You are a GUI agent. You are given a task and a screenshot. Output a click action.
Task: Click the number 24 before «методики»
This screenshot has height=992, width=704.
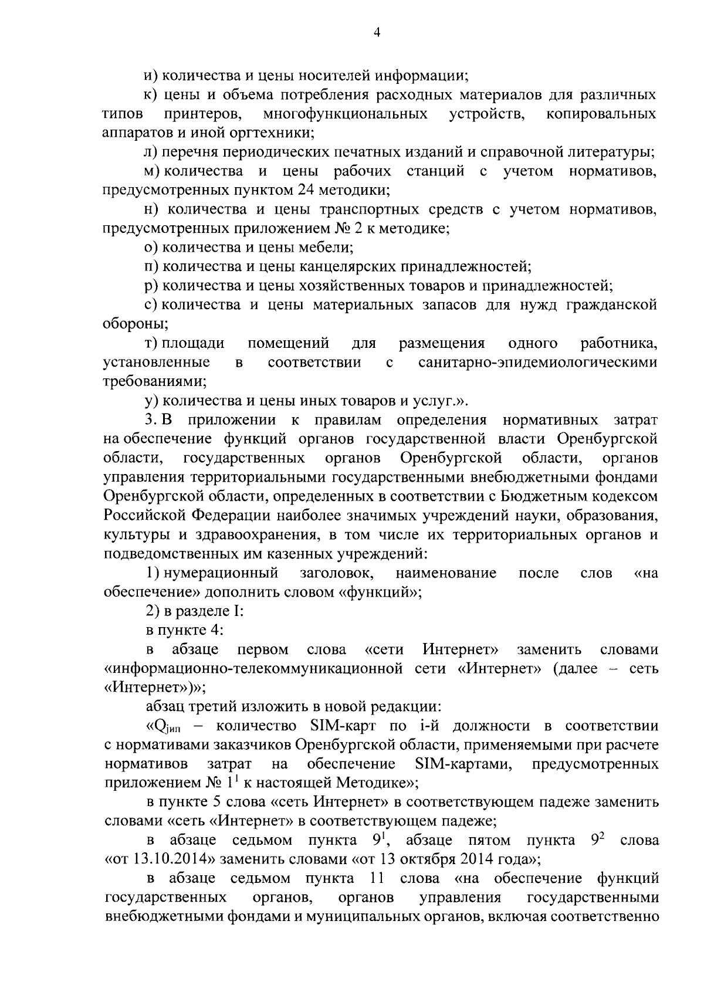(x=303, y=191)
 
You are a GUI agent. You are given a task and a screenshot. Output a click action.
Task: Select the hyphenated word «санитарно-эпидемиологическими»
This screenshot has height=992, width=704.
(x=538, y=363)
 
